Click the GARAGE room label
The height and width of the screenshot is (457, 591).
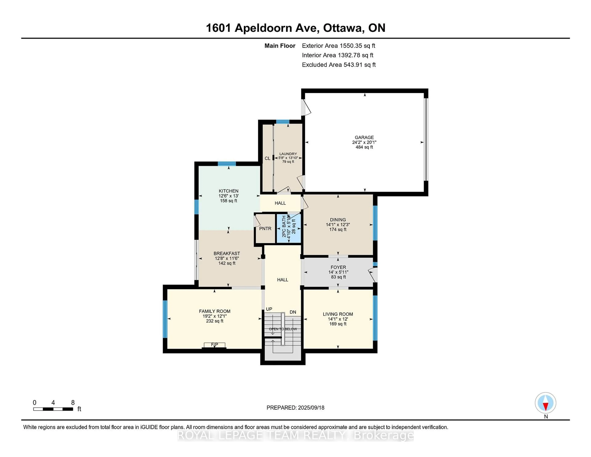(x=364, y=137)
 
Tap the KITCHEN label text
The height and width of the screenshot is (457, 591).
(x=228, y=191)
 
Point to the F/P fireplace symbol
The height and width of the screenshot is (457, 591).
(x=214, y=345)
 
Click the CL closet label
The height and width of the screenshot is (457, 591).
(x=267, y=158)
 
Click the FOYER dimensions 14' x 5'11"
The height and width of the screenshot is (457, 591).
(x=338, y=272)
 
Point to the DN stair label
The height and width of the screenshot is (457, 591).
(x=293, y=312)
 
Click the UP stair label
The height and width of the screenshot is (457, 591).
(x=269, y=309)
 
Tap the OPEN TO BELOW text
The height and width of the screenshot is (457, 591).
(x=283, y=329)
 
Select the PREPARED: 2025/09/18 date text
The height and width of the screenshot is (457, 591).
(x=295, y=407)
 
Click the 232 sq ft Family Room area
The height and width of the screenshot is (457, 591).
(x=214, y=321)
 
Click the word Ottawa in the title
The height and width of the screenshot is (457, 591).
(x=343, y=28)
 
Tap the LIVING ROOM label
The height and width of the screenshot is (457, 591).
(x=338, y=314)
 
